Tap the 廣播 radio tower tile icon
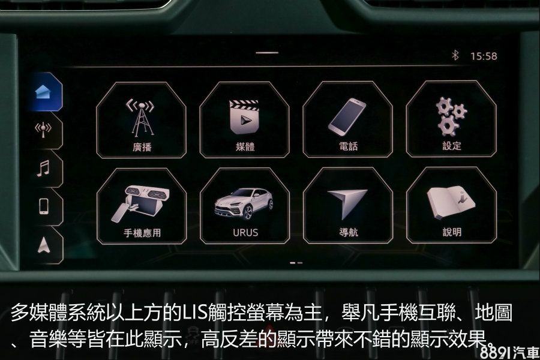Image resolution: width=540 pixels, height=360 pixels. pyautogui.click(x=141, y=118)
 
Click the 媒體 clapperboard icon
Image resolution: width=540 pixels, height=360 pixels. pyautogui.click(x=244, y=117)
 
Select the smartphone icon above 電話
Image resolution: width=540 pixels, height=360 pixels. pyautogui.click(x=347, y=117)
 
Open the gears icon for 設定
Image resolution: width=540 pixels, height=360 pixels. pyautogui.click(x=451, y=116)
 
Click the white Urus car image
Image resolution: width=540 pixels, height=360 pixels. pyautogui.click(x=244, y=203)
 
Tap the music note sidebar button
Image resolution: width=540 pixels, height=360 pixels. pyautogui.click(x=43, y=169)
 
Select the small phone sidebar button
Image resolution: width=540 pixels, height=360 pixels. pyautogui.click(x=44, y=206)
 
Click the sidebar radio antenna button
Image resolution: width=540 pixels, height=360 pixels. pyautogui.click(x=43, y=130)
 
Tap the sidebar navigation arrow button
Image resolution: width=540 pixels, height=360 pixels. pyautogui.click(x=43, y=245)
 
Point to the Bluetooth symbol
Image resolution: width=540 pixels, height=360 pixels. pyautogui.click(x=455, y=55)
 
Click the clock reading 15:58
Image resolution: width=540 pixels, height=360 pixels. pyautogui.click(x=484, y=56)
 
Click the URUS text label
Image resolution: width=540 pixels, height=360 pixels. pyautogui.click(x=245, y=233)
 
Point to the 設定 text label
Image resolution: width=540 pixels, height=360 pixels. pyautogui.click(x=451, y=146)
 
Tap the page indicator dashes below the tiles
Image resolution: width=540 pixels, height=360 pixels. pyautogui.click(x=296, y=263)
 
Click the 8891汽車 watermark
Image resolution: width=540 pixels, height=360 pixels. pyautogui.click(x=509, y=352)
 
